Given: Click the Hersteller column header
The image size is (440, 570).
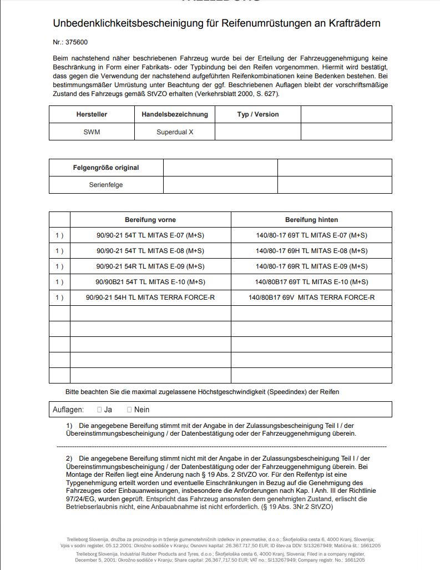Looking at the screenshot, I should point(92,114).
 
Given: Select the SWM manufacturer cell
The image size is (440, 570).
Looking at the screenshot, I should point(92,132).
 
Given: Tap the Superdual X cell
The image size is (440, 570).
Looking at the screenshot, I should point(174,132).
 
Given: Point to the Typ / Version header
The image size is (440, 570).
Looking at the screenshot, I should point(258,114).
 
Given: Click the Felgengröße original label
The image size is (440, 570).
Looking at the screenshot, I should point(106,168).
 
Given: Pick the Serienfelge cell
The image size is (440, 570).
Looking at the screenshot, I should point(106,185).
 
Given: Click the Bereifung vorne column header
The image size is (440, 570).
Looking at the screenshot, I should point(150,220).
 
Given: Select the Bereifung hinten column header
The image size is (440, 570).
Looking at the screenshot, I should point(311,220).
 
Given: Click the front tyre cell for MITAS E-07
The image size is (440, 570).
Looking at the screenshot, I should point(150,235).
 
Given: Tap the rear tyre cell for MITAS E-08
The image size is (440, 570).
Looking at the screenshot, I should point(311,251).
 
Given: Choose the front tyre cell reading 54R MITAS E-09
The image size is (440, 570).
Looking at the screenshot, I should point(150,266).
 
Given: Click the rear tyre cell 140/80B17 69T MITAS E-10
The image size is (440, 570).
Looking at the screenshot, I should point(311,282).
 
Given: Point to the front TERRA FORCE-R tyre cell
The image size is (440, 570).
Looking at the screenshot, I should point(150,297).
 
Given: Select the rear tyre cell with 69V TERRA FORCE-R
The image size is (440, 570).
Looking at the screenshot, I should point(311,297).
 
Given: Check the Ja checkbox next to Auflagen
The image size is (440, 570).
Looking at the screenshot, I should point(99,410).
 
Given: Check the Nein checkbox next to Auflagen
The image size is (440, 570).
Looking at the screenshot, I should point(129,410).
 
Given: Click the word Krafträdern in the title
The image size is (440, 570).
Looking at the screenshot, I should point(354,23).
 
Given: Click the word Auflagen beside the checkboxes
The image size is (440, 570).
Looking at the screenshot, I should point(68,410).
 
